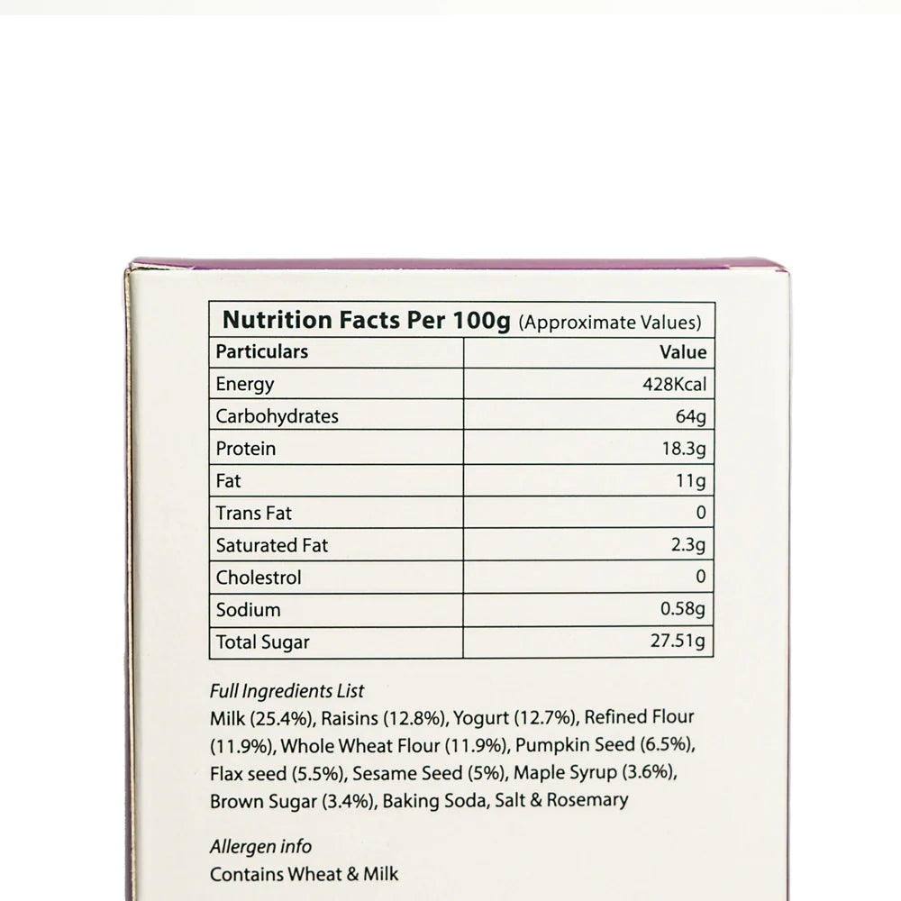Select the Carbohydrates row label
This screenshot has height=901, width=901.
277,416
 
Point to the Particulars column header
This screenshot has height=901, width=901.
261,351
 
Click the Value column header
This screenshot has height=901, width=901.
683,351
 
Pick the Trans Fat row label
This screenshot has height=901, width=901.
253,514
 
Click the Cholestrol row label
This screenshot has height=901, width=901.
259,578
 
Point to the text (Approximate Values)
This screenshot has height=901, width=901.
610,322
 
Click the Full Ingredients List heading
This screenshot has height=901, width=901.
287,692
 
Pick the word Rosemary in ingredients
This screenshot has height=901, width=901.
587,800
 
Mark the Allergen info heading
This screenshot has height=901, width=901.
260,847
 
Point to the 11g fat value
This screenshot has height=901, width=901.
690,481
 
